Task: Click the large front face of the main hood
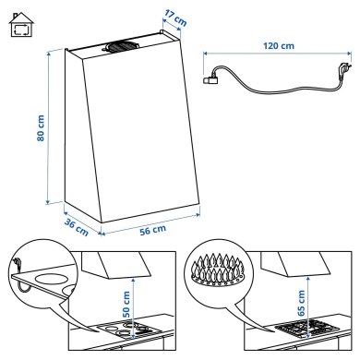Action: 138,129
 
